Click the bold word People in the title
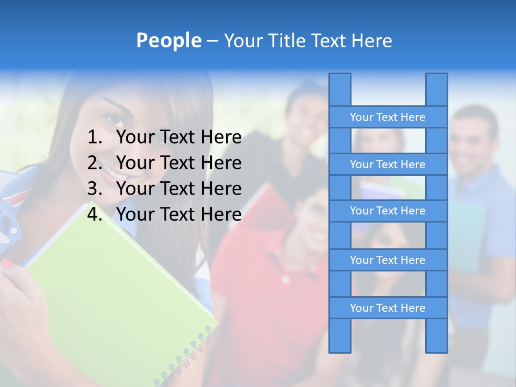pos(168,41)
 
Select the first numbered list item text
pos(178,138)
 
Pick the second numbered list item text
pos(178,163)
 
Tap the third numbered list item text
pos(178,189)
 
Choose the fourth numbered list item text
pos(178,214)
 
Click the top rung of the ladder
pos(388,117)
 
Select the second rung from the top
pos(388,164)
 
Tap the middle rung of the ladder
pos(388,211)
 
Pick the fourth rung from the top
pos(388,260)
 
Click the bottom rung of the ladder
pos(388,308)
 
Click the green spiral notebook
pos(118,290)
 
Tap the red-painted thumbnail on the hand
pos(8,263)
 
